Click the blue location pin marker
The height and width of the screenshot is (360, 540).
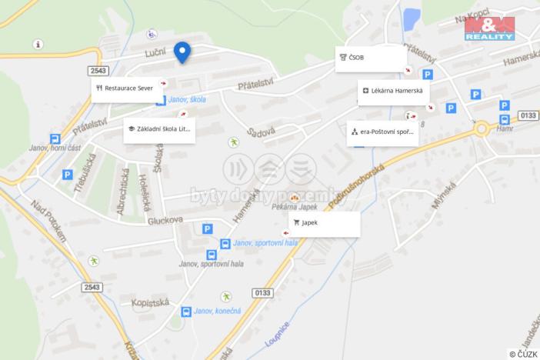[x=182, y=52]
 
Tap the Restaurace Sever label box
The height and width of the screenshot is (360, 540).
[x=128, y=88]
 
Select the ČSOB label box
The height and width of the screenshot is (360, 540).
[x=371, y=58]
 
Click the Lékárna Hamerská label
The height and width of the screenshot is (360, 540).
[x=393, y=92]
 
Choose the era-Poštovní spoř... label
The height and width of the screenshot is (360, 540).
[x=382, y=132]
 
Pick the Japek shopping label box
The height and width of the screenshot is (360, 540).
[x=324, y=223]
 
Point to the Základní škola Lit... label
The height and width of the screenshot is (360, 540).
[x=159, y=129]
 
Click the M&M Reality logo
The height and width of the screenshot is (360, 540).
[x=489, y=28]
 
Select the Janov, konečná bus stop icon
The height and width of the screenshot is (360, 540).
[x=186, y=312]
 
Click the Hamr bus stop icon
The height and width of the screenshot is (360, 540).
[x=504, y=119]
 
